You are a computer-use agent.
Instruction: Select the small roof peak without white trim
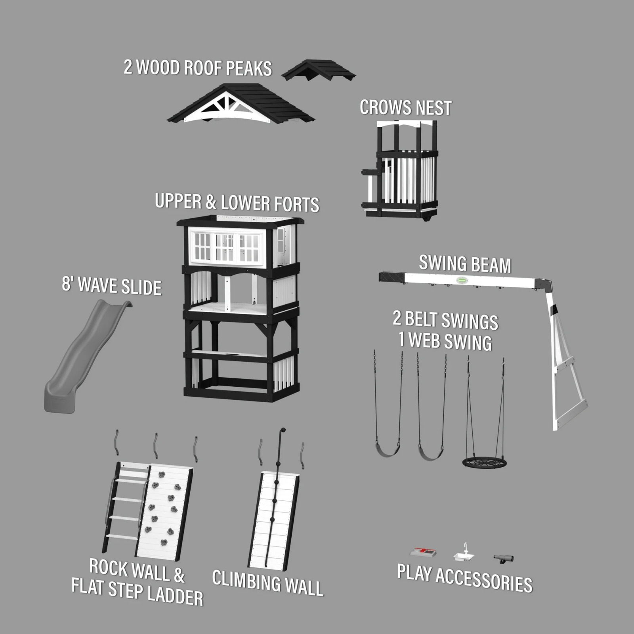(319, 71)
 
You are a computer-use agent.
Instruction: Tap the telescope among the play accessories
(504, 559)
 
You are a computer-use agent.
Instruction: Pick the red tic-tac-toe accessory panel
(423, 552)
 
